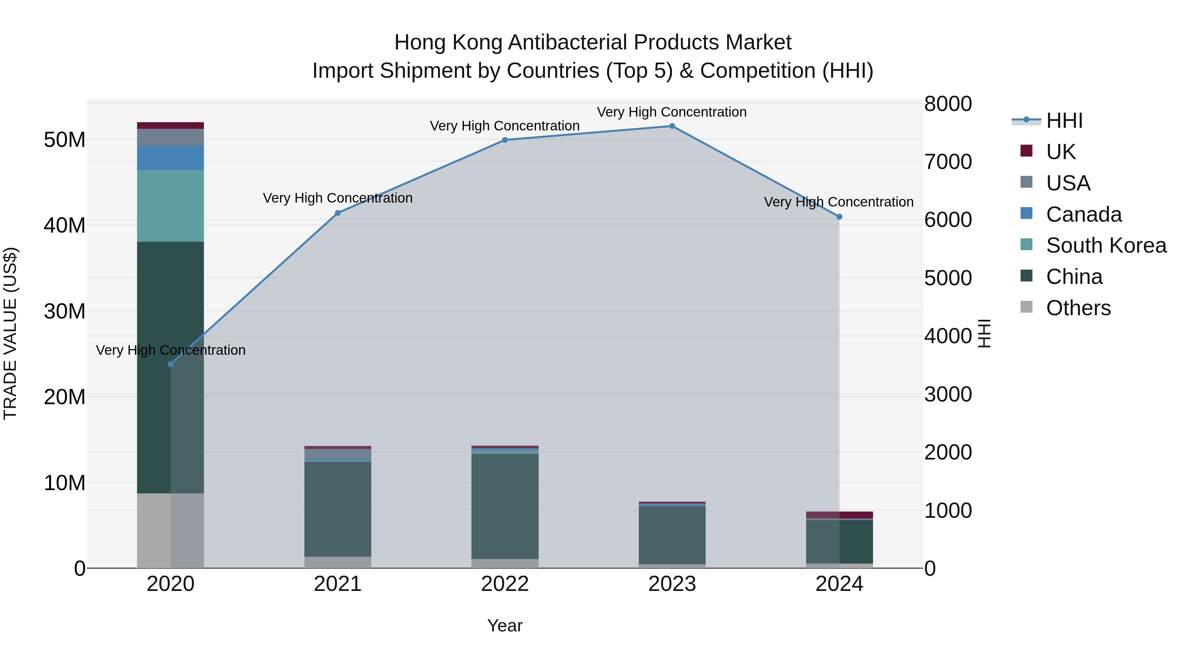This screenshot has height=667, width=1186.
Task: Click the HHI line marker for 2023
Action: [x=672, y=126]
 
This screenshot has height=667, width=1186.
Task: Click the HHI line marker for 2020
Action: [x=171, y=364]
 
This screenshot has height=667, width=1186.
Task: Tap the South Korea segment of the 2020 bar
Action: [x=170, y=206]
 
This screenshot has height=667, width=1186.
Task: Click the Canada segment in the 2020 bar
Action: [x=170, y=158]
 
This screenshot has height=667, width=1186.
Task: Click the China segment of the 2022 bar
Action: [x=505, y=506]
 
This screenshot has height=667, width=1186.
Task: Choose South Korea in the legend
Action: [x=1106, y=245]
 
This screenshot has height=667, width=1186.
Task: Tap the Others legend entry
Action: [x=1078, y=308]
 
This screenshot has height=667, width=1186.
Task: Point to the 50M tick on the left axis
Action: [x=65, y=140]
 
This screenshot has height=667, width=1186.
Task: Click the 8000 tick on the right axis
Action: [x=948, y=104]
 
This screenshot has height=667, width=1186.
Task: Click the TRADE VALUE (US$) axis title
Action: [x=10, y=333]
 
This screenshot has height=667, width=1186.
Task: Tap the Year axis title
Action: [x=505, y=625]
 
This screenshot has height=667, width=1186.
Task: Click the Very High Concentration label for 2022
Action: [x=505, y=126]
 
